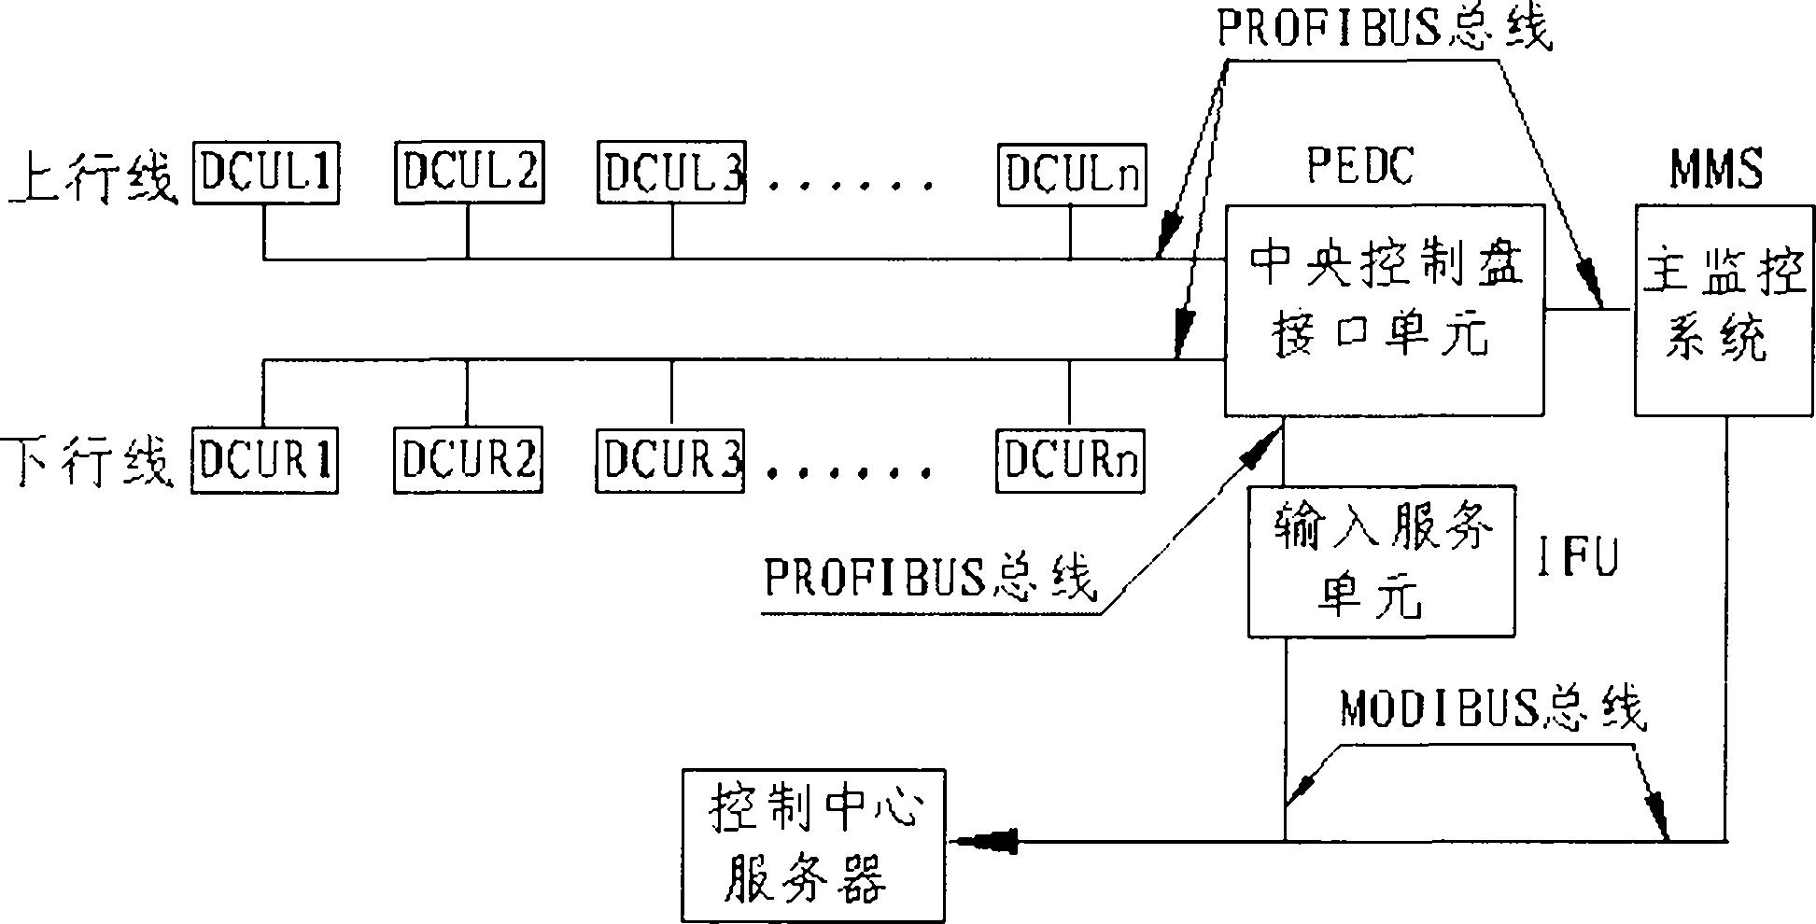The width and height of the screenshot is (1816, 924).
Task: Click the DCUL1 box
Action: (x=266, y=173)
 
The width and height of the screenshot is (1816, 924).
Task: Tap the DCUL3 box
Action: (x=671, y=173)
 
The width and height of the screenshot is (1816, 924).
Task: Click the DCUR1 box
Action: (x=265, y=460)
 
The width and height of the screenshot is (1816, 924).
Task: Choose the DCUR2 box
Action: (x=468, y=460)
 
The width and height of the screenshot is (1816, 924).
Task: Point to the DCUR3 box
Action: (x=670, y=460)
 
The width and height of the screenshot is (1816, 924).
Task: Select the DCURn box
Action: (x=1070, y=460)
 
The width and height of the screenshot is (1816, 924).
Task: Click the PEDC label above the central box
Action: (x=1360, y=166)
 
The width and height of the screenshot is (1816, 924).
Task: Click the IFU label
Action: (x=1577, y=558)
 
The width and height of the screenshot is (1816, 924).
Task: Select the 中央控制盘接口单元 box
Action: (x=1384, y=311)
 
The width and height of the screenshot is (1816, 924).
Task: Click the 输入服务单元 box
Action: (x=1382, y=561)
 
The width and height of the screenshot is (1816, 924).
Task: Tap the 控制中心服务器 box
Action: (x=813, y=845)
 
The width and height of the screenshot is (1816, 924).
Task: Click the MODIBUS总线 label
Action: (x=1492, y=709)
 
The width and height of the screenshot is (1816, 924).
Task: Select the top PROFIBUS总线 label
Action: (x=1383, y=29)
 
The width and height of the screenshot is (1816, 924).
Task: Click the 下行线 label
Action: (x=92, y=462)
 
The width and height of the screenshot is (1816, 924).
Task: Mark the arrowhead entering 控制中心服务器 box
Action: (x=985, y=842)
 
